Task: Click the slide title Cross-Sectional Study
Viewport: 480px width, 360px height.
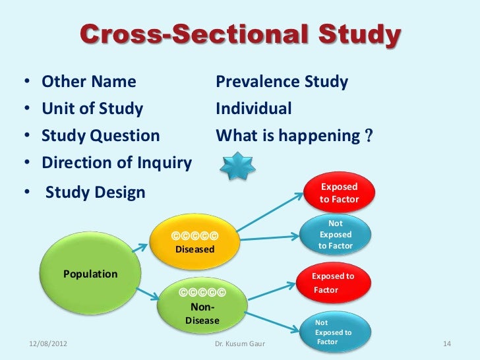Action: [240, 36]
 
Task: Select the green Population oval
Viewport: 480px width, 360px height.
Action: [90, 274]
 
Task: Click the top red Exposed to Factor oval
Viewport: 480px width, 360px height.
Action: [339, 192]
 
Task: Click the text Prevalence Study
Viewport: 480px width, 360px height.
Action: [282, 82]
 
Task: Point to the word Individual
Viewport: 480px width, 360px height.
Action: [254, 109]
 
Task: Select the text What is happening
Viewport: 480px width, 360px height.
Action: [290, 136]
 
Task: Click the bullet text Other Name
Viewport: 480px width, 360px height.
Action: [89, 82]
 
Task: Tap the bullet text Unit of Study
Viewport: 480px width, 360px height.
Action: [92, 109]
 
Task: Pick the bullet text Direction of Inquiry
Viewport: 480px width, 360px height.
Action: [117, 163]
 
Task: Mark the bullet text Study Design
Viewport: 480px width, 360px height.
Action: [95, 193]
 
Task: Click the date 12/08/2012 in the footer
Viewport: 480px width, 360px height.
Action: [48, 344]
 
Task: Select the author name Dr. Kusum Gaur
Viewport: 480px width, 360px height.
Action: [238, 344]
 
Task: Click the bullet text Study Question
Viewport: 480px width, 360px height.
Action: [101, 136]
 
